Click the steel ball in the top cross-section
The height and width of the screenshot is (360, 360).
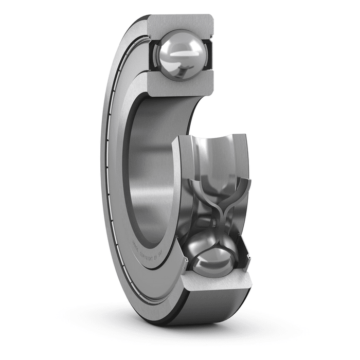point(181,55)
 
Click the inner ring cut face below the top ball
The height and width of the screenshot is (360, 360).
point(180,82)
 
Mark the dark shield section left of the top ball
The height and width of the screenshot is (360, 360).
point(154,54)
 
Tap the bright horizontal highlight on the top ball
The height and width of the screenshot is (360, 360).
point(181,52)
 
